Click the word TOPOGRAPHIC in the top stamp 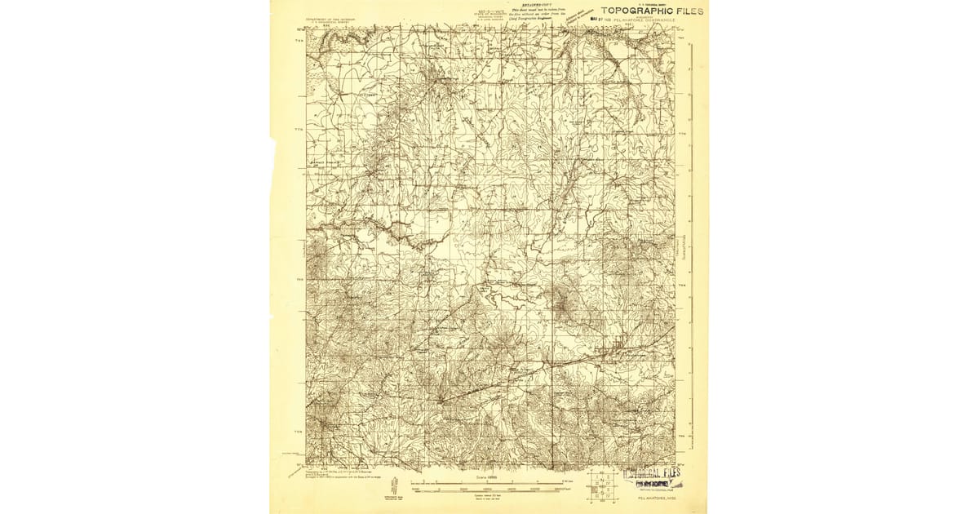633,11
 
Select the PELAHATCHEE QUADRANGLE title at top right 649,20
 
